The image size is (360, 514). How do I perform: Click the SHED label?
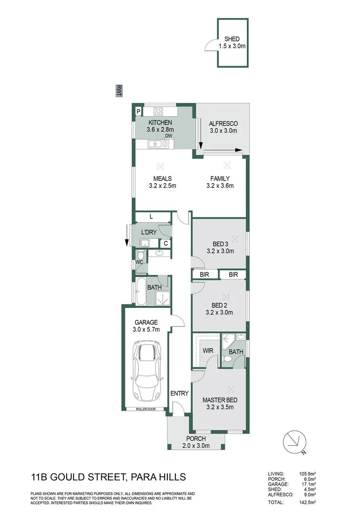[x=233, y=39]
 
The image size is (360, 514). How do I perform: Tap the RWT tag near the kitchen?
[x=119, y=91]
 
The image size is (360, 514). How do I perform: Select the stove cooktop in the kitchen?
[x=158, y=112]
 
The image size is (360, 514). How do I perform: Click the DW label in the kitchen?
[x=168, y=136]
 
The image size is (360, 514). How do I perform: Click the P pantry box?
[x=138, y=111]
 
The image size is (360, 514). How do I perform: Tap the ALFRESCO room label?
[x=223, y=124]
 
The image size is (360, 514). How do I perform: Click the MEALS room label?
[x=162, y=178]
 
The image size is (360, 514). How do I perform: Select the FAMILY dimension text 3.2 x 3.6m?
[x=221, y=186]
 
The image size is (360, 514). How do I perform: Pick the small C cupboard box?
[x=165, y=244]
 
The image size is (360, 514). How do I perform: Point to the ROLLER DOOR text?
[x=145, y=409]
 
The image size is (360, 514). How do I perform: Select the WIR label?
[x=207, y=351]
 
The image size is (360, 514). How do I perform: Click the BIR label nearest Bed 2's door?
[x=204, y=275]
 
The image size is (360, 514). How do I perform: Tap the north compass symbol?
[x=294, y=442]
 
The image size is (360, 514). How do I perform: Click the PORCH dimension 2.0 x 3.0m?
[x=196, y=445]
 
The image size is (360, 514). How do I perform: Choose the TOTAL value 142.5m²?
[x=309, y=502]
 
